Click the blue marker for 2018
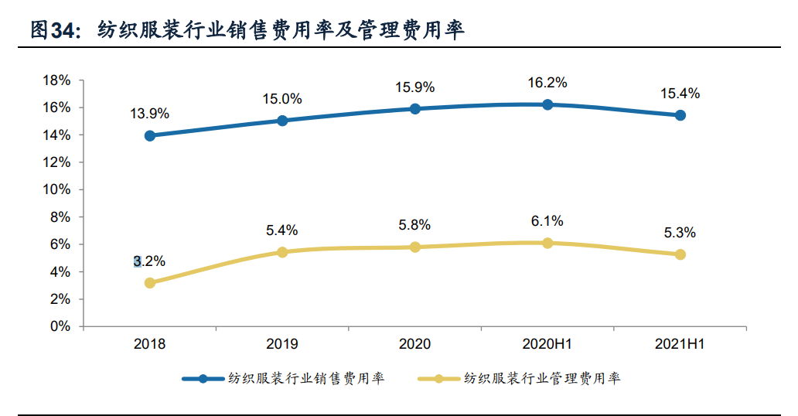point(150,135)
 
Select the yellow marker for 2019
point(282,252)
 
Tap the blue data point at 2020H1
point(547,104)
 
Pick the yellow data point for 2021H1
point(680,254)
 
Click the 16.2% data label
point(548,83)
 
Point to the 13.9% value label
point(149,114)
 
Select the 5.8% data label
point(414,225)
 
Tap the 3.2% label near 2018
point(149,261)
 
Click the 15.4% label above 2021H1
point(680,94)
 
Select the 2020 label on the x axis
point(414,345)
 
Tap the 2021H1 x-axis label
point(680,345)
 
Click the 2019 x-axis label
point(282,345)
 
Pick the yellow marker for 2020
point(415,247)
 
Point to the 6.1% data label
point(547,221)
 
